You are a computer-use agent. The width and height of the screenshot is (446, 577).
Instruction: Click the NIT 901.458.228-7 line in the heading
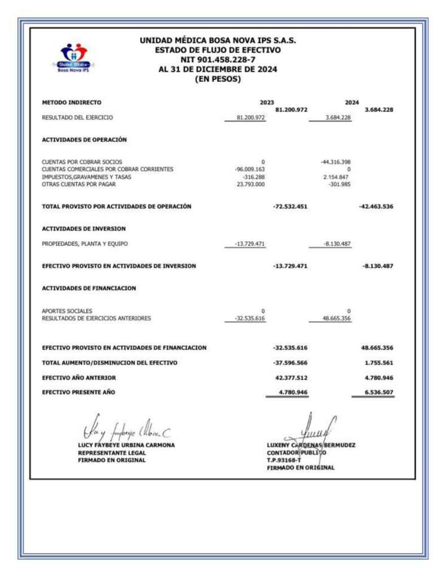coord(218,60)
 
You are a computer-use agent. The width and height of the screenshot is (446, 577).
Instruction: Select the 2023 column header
coord(266,103)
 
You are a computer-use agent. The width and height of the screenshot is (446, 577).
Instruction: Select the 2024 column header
coord(352,103)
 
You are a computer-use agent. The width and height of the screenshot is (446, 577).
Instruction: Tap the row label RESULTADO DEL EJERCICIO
coord(78,118)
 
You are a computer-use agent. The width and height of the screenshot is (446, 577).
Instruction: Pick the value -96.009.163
coord(250,169)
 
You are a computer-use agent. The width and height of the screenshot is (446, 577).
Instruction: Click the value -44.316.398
coord(336,162)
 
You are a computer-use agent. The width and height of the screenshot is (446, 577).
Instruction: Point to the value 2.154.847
coord(337,176)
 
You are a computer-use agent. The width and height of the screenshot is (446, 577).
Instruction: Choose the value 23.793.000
coord(251,184)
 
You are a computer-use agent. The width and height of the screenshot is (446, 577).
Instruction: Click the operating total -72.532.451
coord(290,207)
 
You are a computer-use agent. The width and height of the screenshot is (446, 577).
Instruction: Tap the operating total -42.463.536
coord(376,207)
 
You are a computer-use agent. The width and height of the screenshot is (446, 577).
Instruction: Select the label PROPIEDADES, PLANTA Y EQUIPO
coord(85,244)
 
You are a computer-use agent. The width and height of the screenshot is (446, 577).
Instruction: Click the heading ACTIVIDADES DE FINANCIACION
coord(89,288)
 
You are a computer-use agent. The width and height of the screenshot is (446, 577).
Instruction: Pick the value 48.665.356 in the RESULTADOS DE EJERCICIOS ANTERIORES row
coord(337,318)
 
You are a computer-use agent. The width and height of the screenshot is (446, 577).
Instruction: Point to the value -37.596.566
coord(290,362)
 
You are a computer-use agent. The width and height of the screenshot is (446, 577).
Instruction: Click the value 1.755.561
coord(377,362)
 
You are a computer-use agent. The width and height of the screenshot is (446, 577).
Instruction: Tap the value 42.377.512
coord(291,378)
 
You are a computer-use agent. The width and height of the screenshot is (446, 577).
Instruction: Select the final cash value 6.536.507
coord(377,392)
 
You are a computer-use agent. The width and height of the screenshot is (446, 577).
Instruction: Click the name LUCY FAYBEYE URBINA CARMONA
coord(126,445)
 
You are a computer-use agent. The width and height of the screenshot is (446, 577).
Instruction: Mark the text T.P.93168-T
coord(284,460)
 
